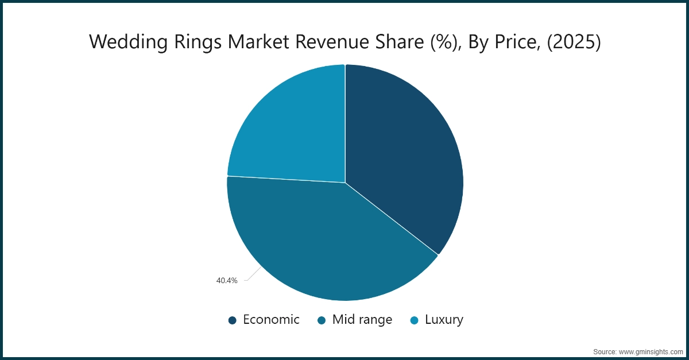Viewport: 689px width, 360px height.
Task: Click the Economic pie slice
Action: tap(402, 155)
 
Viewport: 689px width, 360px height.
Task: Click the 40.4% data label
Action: tap(227, 281)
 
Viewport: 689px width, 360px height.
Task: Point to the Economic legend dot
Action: tap(232, 320)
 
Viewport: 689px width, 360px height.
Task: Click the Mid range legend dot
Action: tap(322, 320)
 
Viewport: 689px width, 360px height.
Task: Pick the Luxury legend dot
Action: tap(414, 320)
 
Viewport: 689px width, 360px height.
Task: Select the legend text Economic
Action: tap(271, 320)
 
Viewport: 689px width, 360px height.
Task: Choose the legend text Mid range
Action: tap(362, 320)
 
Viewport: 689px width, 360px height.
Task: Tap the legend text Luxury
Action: tap(444, 320)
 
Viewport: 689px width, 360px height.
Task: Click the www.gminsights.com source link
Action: tap(650, 351)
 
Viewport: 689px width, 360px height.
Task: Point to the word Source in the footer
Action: tap(605, 351)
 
